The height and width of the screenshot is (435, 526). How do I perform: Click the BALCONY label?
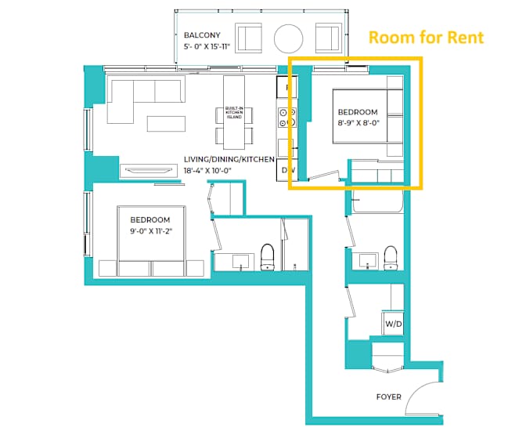coord(201,36)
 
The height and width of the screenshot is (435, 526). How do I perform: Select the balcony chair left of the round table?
coord(249,37)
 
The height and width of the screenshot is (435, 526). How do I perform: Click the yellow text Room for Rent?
coord(426,37)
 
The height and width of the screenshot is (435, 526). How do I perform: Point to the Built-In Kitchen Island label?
coord(234,114)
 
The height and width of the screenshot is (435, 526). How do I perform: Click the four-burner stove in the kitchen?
coord(286,118)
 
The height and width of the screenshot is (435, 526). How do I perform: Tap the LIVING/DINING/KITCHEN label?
coord(229,159)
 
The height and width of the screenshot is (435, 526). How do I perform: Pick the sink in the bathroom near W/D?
coord(369,259)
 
